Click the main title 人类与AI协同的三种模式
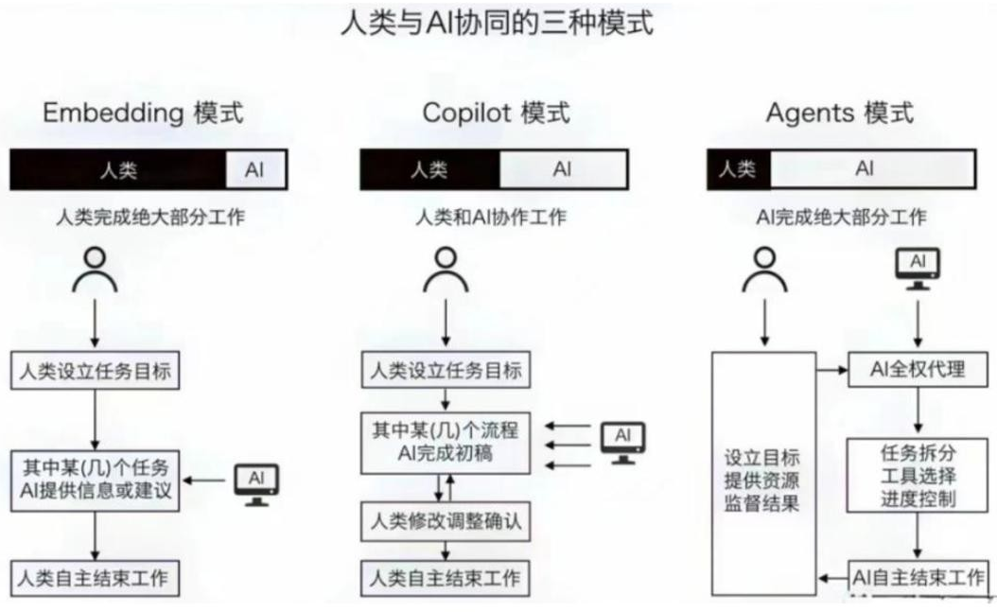pyautogui.click(x=497, y=23)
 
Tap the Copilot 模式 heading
pyautogui.click(x=497, y=114)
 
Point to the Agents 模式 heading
pyautogui.click(x=840, y=114)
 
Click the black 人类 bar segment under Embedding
pyautogui.click(x=118, y=170)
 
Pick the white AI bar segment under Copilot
pyautogui.click(x=563, y=170)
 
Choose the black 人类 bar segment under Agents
pyautogui.click(x=738, y=170)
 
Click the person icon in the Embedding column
pyautogui.click(x=96, y=270)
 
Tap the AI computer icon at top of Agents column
pyautogui.click(x=918, y=268)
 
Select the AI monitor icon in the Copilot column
pyautogui.click(x=622, y=442)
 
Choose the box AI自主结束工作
pyautogui.click(x=918, y=576)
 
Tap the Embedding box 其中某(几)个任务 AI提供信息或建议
pyautogui.click(x=96, y=480)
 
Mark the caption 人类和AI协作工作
pyautogui.click(x=492, y=217)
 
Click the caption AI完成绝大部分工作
pyautogui.click(x=841, y=217)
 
